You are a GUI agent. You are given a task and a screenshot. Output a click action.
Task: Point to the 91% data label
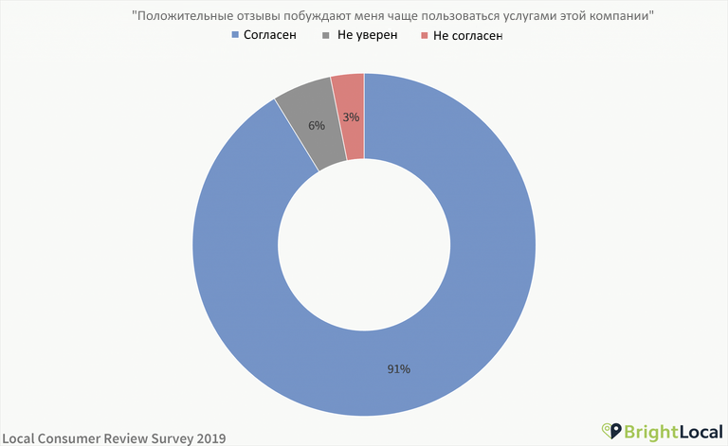[x=398, y=368]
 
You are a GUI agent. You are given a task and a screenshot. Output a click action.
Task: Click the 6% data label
[x=317, y=125]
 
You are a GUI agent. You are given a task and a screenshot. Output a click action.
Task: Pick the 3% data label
[x=351, y=117]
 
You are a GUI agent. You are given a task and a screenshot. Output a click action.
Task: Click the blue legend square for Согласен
[x=236, y=35]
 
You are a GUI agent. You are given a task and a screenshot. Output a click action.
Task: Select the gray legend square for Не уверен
[x=327, y=35]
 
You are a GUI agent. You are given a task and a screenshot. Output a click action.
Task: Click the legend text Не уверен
[x=365, y=35]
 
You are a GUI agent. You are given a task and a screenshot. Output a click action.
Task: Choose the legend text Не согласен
[x=467, y=35]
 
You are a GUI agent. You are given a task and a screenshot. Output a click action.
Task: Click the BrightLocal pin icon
[x=612, y=432]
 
